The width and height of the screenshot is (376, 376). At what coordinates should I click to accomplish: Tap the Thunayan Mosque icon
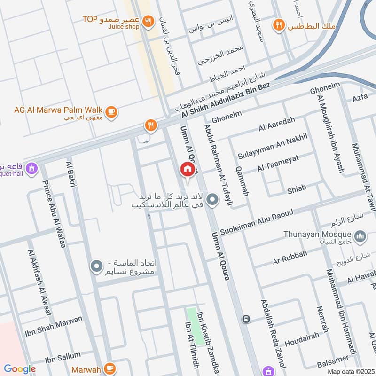coord(360,235)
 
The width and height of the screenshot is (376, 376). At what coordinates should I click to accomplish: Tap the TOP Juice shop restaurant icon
coord(149,21)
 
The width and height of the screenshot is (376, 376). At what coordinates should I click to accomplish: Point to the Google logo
coord(20,369)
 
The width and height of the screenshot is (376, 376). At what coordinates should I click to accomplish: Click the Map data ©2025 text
coord(350,371)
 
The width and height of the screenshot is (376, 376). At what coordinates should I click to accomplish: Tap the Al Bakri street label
coord(72,174)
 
